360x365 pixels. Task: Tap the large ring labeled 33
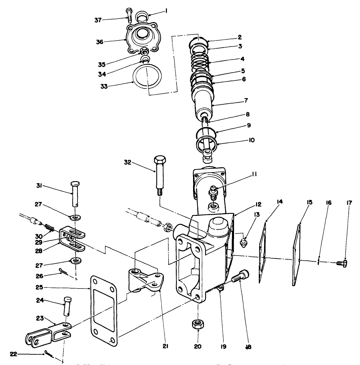coord(147,77)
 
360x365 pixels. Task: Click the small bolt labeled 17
coord(342,263)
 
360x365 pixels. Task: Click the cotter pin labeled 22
coord(48,353)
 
